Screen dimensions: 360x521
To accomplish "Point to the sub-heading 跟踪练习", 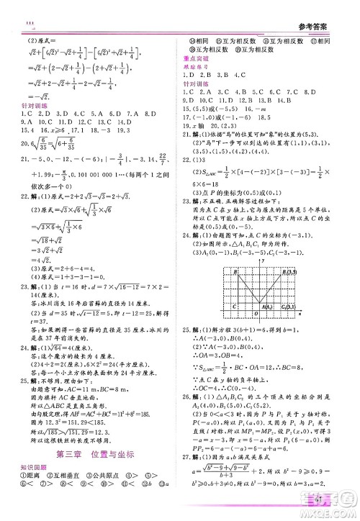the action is (196, 67).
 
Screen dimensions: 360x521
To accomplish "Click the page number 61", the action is (321, 499).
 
